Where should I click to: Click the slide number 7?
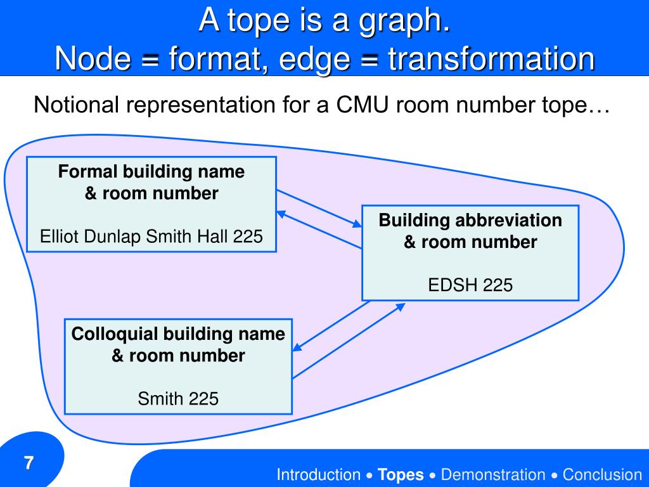29,462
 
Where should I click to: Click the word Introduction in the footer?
318,474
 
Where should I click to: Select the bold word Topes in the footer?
401,474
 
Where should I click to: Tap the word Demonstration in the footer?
492,474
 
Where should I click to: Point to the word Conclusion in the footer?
602,474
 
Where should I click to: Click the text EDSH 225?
470,285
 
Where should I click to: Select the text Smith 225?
178,399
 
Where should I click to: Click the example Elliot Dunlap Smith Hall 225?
151,237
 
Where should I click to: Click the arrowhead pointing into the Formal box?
281,214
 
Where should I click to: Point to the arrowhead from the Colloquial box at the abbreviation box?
400,306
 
